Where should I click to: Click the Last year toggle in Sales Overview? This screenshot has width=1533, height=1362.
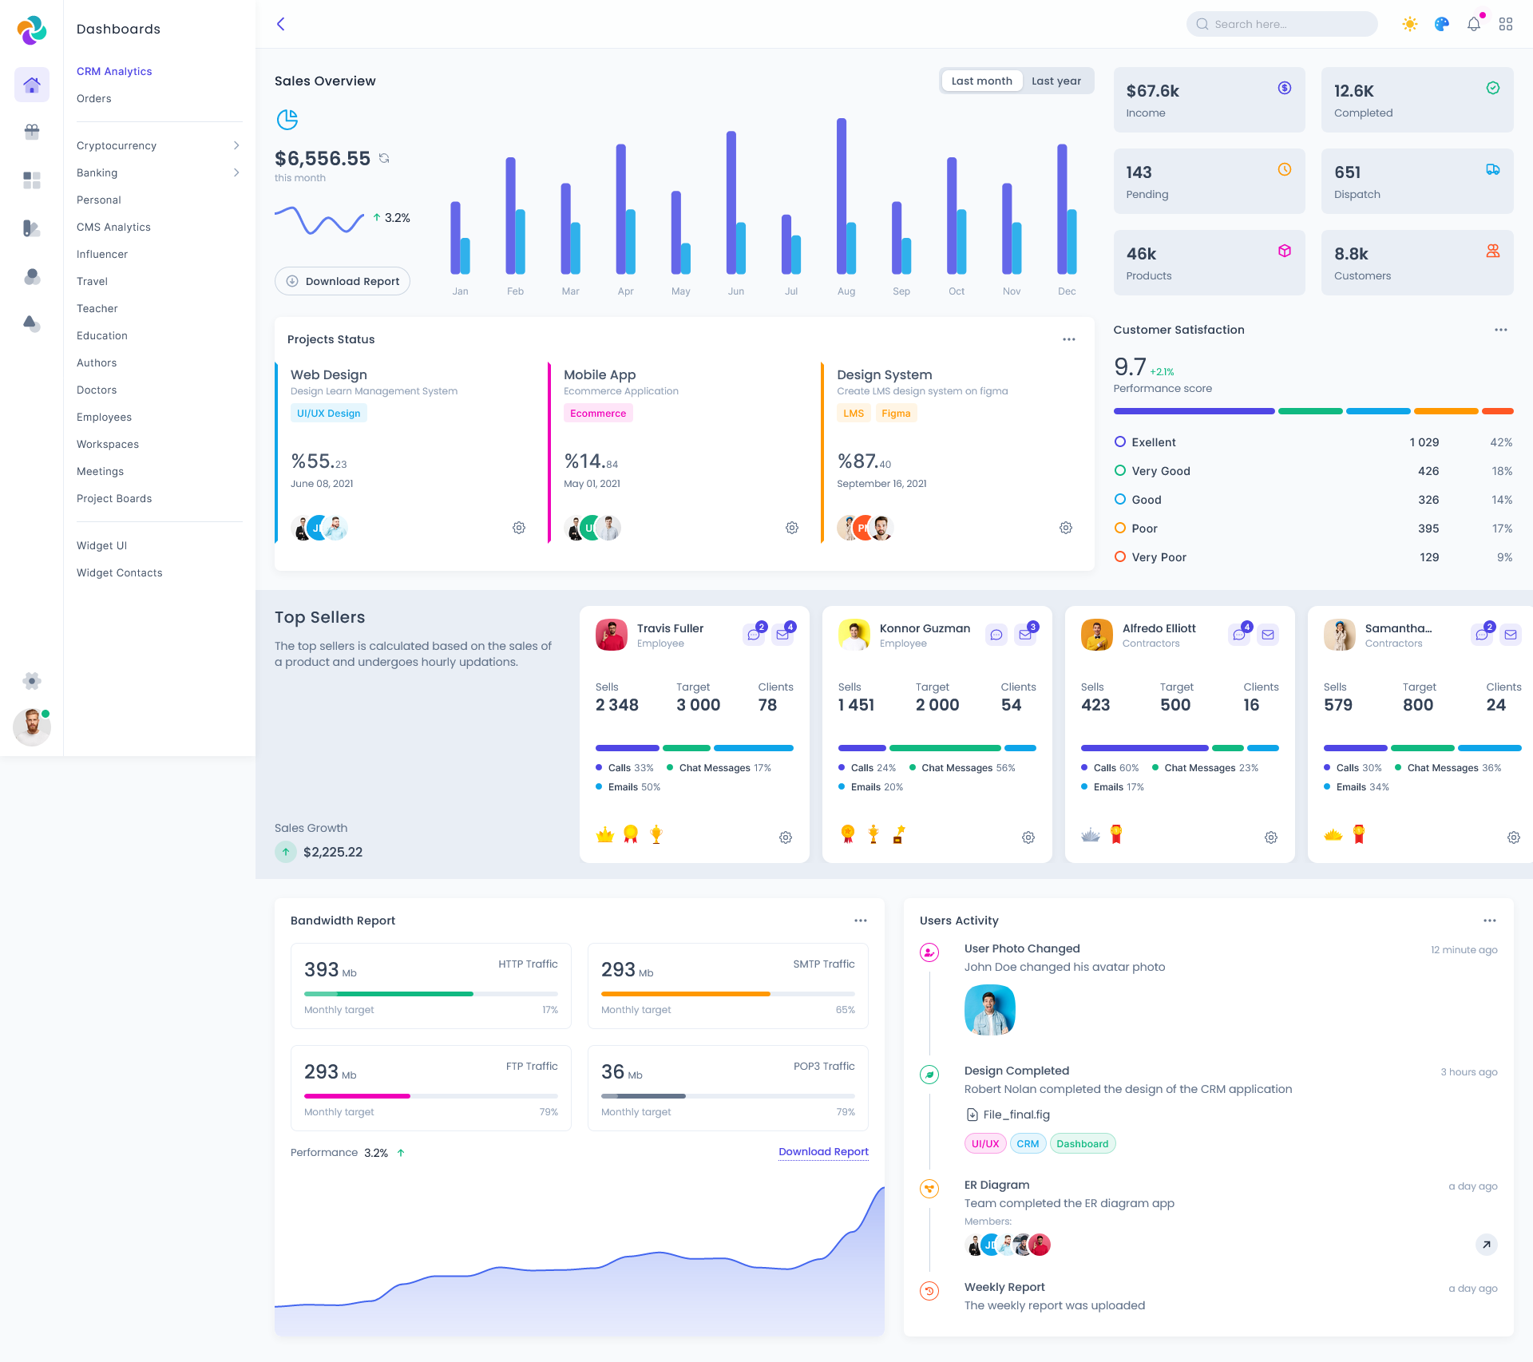pos(1056,81)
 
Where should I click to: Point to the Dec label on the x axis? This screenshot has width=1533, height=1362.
pos(1067,291)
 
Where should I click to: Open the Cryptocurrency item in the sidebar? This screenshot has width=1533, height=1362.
pos(117,145)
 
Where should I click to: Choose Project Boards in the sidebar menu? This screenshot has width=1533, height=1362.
pos(114,498)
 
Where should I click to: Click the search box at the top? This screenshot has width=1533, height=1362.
pos(1281,24)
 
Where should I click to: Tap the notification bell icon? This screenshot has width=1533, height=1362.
pos(1474,24)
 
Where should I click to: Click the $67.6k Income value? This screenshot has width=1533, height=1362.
pos(1152,91)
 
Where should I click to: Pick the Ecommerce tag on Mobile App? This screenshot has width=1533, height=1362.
pos(598,414)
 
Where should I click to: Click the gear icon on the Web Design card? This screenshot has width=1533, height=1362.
pos(519,528)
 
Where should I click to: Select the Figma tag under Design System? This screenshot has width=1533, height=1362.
pos(896,414)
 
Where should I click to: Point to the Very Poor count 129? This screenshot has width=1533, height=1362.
pos(1429,557)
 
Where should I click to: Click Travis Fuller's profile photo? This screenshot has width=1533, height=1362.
pos(612,635)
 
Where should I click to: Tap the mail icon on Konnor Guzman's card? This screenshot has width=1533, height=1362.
pos(1025,635)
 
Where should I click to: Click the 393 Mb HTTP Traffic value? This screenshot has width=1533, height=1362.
pos(322,970)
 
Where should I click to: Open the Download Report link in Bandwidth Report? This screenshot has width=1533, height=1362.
pos(823,1151)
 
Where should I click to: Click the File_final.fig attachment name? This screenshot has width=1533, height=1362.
pos(1016,1115)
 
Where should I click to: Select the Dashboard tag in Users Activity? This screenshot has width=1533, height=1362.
pos(1082,1144)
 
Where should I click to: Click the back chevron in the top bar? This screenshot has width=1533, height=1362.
pos(281,24)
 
